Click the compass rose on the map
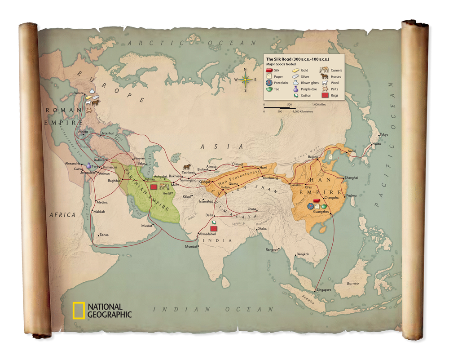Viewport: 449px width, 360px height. pyautogui.click(x=246, y=80)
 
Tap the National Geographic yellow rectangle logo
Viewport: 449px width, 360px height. pyautogui.click(x=79, y=311)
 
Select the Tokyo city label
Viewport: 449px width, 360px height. pyautogui.click(x=383, y=135)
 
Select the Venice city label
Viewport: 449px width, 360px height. pyautogui.click(x=79, y=93)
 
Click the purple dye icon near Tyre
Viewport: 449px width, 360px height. pyautogui.click(x=89, y=165)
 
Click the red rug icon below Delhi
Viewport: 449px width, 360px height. pyautogui.click(x=214, y=228)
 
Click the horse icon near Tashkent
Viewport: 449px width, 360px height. pyautogui.click(x=187, y=167)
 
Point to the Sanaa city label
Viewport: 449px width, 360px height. pyautogui.click(x=104, y=235)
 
